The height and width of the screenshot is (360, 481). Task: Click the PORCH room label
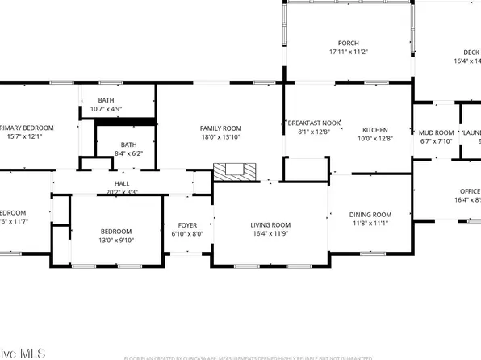coord(348,43)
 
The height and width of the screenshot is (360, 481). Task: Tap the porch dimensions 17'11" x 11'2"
coord(348,52)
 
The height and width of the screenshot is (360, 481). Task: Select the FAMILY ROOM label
coord(220,128)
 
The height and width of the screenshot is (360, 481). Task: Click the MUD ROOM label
coord(436,132)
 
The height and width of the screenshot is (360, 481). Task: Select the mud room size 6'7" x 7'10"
coord(436,141)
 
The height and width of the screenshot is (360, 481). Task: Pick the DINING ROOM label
coord(370,214)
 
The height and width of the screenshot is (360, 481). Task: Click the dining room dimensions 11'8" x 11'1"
coord(370,223)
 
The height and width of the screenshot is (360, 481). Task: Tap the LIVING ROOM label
coord(270,225)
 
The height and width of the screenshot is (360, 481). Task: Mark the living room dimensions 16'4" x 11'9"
coord(270,234)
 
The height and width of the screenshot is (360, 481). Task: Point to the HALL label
coord(122,184)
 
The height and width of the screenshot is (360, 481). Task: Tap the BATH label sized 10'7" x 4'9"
coord(107,99)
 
